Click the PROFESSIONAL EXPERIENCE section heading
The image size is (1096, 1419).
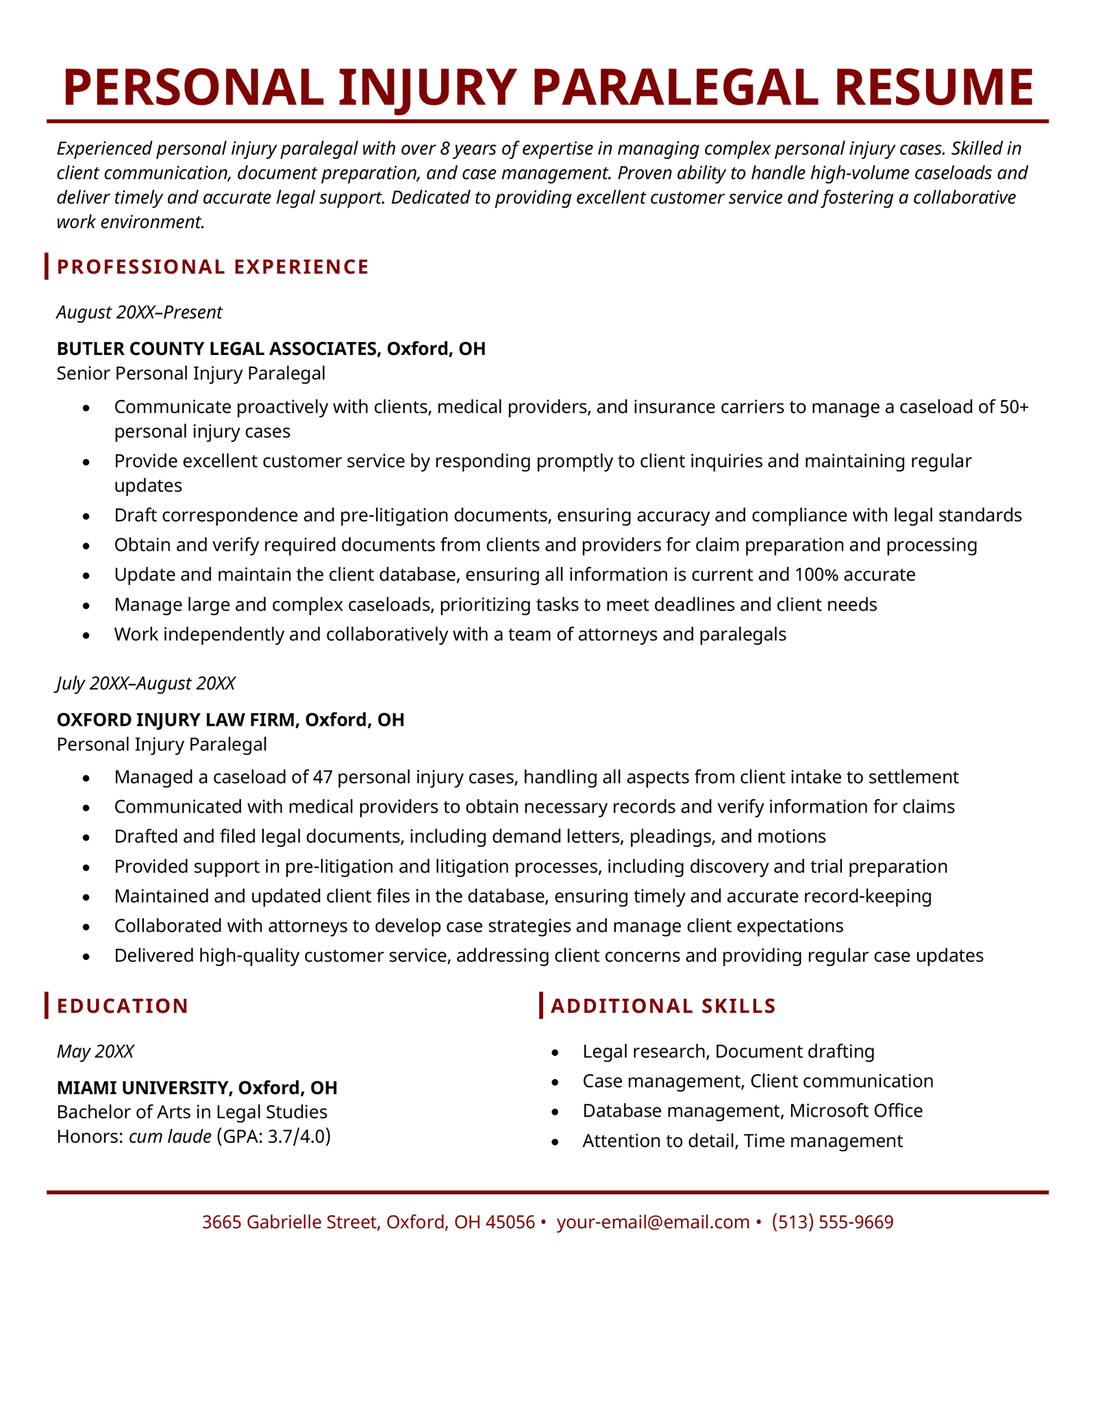coord(213,267)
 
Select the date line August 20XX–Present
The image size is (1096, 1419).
coord(139,312)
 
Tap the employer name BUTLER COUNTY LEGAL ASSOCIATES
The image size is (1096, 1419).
coord(216,349)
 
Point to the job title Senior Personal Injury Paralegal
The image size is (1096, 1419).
coord(191,373)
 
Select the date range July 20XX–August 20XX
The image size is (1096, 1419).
coord(146,683)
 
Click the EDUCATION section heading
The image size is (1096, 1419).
coord(123,1006)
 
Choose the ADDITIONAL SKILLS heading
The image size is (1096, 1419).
coord(663,1006)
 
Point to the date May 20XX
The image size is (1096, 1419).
coord(95,1051)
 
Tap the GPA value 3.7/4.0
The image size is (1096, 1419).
coord(296,1137)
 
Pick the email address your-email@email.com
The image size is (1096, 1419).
coord(653,1222)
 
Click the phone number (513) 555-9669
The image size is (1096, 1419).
coord(832,1222)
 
